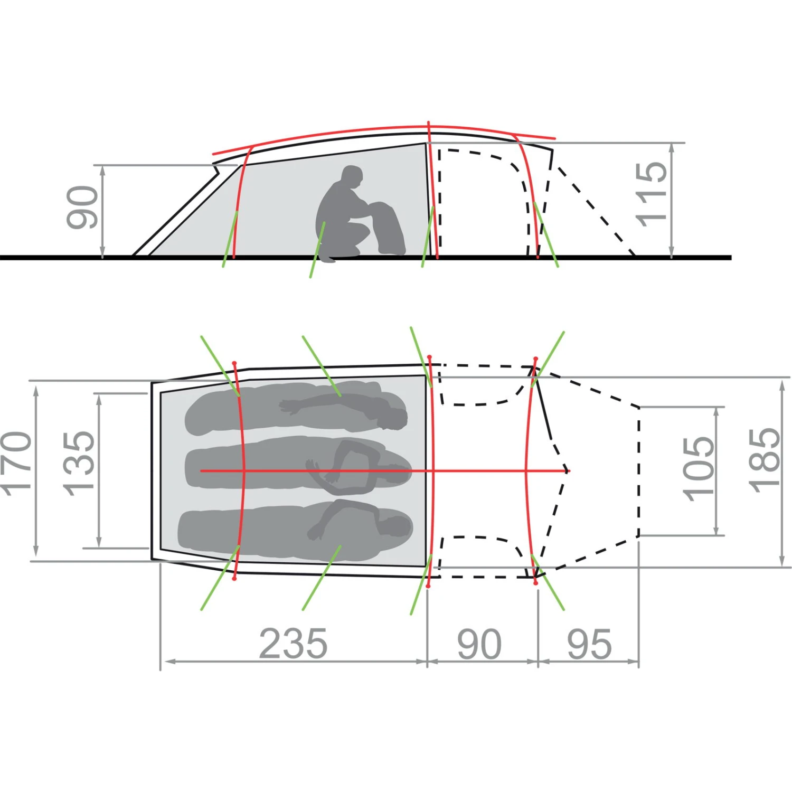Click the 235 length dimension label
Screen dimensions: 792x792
(x=293, y=644)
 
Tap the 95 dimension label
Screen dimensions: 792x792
(x=589, y=644)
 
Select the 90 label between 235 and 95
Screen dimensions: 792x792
(x=479, y=644)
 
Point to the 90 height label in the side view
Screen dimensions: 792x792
(x=82, y=208)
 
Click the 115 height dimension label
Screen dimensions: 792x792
(x=652, y=194)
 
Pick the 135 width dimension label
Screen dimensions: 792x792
(x=79, y=464)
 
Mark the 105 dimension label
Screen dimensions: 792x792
(x=698, y=469)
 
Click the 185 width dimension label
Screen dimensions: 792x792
(x=765, y=460)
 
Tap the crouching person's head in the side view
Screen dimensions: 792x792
(x=352, y=177)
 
